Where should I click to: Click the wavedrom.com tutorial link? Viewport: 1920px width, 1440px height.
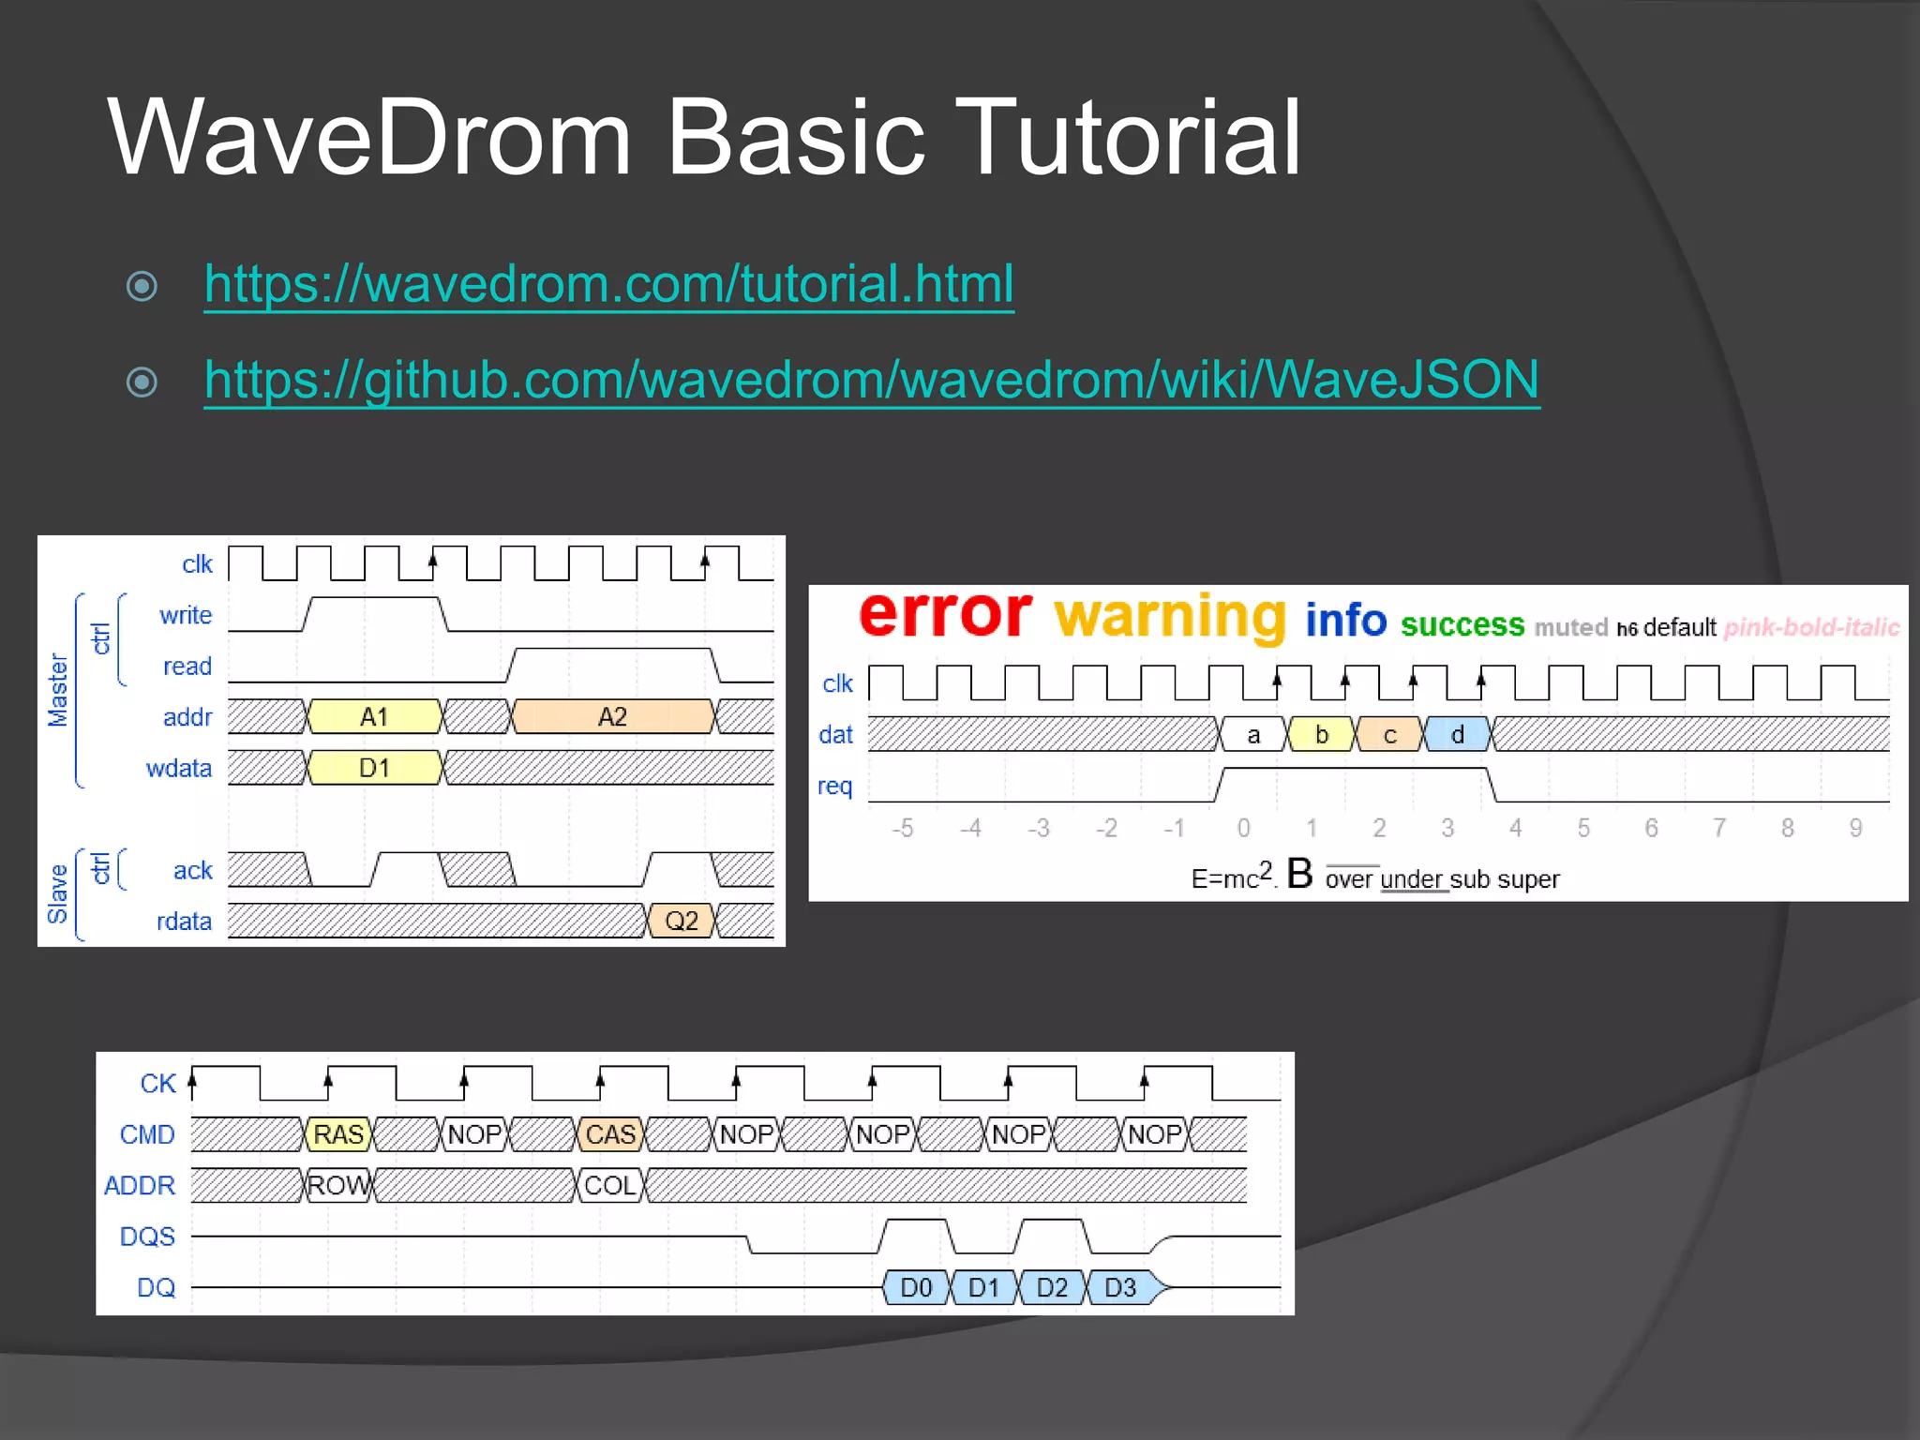(608, 283)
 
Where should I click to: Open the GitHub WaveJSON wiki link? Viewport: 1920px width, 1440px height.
(871, 379)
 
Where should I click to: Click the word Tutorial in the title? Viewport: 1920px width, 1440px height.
(1126, 138)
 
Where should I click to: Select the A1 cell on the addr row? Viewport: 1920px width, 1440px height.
(374, 717)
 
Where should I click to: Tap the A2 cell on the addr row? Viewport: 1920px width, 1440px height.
(611, 717)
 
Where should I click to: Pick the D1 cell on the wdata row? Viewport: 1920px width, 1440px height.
(374, 768)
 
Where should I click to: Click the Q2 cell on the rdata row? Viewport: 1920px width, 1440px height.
(681, 921)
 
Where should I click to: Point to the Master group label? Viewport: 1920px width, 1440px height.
(58, 689)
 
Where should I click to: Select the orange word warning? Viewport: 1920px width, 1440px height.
(1169, 618)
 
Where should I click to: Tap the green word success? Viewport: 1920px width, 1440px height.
(1462, 624)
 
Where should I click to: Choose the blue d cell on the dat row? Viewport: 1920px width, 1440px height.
(1457, 735)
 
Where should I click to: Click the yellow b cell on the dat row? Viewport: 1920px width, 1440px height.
(1321, 735)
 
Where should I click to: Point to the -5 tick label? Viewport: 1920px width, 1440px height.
(902, 828)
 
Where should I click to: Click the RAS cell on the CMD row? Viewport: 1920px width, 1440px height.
(337, 1134)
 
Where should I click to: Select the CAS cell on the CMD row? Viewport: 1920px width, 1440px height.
(610, 1134)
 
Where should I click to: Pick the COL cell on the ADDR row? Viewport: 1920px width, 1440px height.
(610, 1186)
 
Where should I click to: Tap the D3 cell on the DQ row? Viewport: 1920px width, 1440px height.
(1120, 1287)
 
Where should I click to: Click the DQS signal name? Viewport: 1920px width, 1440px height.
(147, 1237)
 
